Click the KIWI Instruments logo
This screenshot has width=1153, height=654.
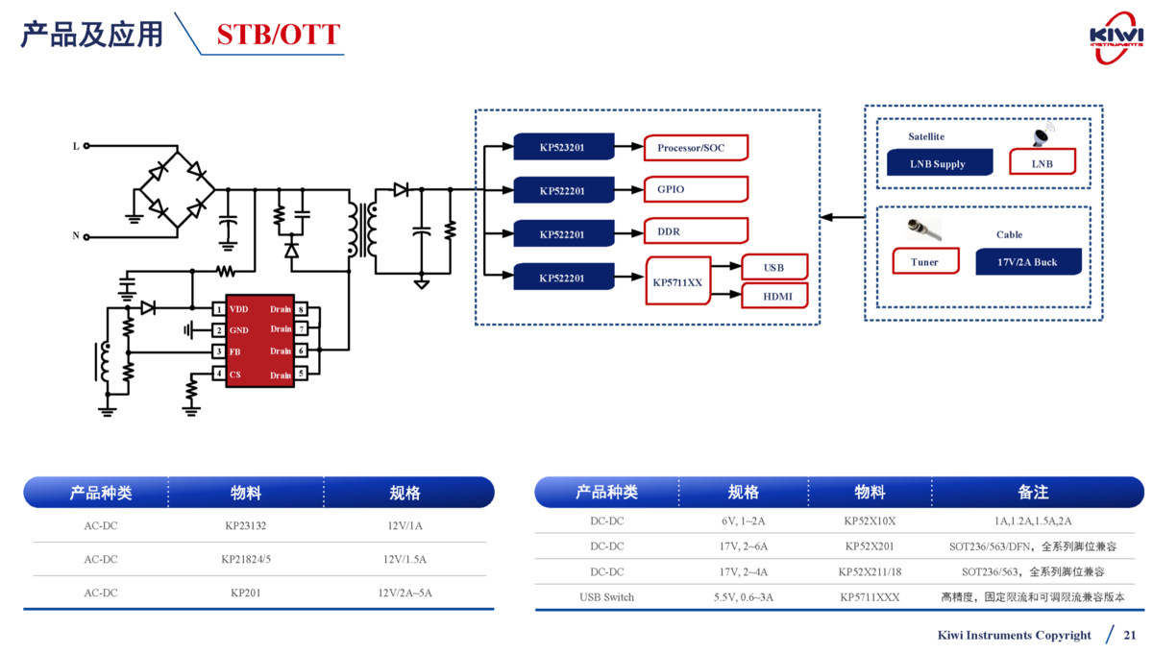coord(1116,37)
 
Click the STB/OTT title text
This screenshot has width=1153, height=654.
coord(278,35)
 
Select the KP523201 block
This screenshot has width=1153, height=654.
coord(563,147)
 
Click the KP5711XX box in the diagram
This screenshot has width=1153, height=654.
coord(678,282)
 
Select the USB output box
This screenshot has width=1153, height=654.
coord(774,267)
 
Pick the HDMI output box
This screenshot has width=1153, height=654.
coord(774,297)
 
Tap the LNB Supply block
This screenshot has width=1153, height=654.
coord(938,163)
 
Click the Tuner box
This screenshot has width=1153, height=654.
coord(924,261)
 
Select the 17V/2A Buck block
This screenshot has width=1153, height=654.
coord(1027,261)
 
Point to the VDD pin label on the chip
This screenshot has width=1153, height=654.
coord(239,309)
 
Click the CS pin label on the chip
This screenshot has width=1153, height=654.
coord(235,375)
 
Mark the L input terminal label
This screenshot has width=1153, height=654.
coord(76,146)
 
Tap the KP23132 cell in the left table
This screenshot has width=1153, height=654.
coord(246,526)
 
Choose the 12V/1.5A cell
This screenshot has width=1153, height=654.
coord(405,559)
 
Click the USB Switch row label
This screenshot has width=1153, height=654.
coord(606,597)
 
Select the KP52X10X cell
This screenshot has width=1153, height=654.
coord(870,521)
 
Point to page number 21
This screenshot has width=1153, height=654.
coord(1130,635)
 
